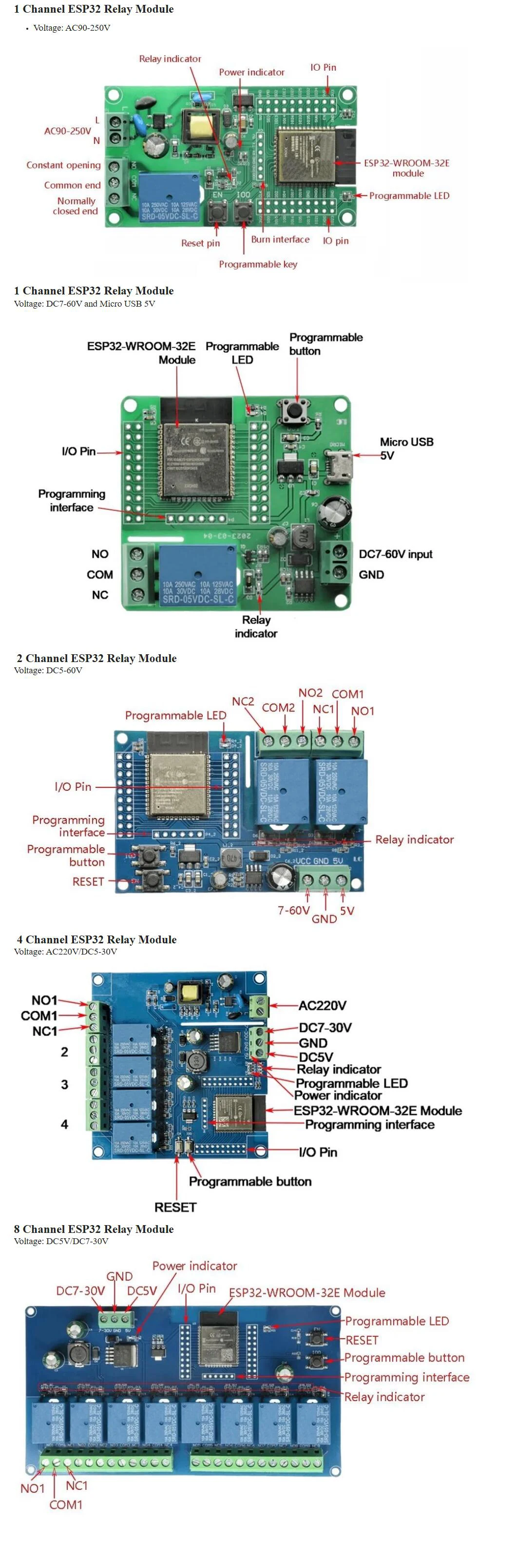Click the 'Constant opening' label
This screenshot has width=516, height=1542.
[63, 165]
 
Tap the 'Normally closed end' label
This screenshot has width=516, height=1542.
[76, 206]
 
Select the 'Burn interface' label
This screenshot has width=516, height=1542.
[280, 239]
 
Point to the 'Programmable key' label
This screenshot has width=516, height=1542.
[258, 264]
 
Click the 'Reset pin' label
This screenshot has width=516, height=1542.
[201, 243]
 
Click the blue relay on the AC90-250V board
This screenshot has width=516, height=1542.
[170, 197]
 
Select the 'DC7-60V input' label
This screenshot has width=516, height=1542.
[395, 554]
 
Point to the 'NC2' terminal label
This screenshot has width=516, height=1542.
[243, 701]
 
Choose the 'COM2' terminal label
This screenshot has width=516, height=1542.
[278, 707]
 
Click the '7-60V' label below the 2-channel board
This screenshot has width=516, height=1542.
[293, 911]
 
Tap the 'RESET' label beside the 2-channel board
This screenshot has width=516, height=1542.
[88, 882]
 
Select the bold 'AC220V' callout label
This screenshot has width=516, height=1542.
[322, 1006]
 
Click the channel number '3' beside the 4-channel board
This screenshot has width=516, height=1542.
[65, 1085]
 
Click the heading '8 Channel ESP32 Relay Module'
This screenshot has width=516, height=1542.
[94, 1229]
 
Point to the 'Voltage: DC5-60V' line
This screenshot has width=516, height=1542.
[48, 670]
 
